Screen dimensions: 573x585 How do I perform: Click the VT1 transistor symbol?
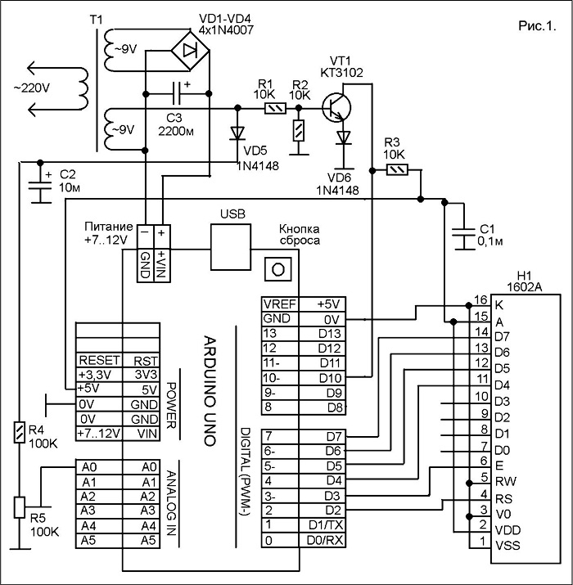click(336, 108)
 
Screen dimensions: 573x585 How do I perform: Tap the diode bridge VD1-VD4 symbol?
click(190, 51)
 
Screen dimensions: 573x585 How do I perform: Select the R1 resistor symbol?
click(275, 109)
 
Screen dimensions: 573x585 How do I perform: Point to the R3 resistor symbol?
click(397, 170)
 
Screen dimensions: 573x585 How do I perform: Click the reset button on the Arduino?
click(278, 269)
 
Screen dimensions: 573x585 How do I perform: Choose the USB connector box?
click(231, 247)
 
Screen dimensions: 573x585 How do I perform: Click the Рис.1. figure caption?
click(537, 25)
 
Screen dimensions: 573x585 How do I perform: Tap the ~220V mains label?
click(32, 88)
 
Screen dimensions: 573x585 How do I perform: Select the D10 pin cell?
click(323, 378)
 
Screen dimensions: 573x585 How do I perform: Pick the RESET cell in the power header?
click(99, 360)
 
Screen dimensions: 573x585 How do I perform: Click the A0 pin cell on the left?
click(99, 467)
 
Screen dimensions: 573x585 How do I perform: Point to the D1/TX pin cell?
click(323, 525)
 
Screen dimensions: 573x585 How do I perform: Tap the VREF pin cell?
click(280, 304)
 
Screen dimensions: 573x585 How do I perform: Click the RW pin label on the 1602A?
click(505, 481)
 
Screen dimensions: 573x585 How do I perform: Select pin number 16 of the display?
click(481, 300)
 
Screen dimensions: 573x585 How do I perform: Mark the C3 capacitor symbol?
click(177, 93)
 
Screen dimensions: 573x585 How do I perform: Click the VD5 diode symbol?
click(237, 133)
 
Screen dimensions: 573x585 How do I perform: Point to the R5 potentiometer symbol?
click(20, 507)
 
